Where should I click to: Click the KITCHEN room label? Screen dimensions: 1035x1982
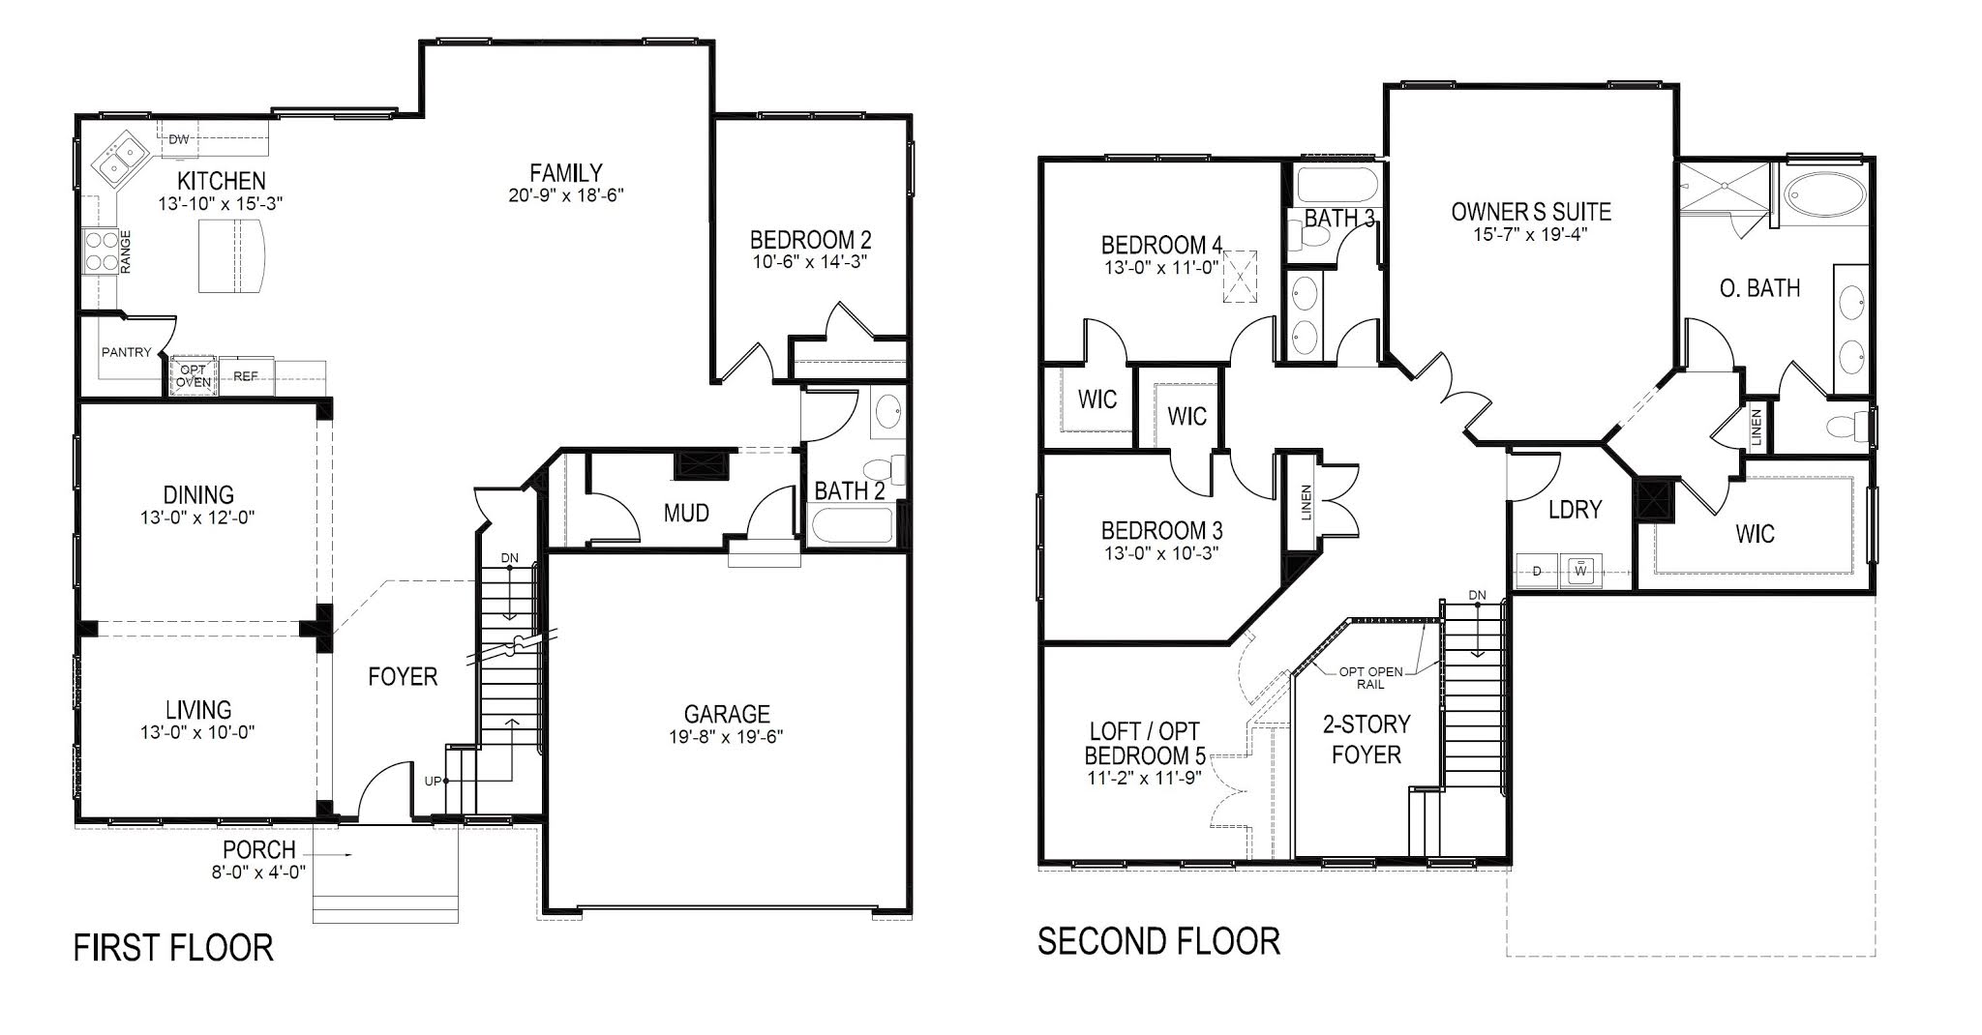221,181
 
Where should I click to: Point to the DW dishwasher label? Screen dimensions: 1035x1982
179,140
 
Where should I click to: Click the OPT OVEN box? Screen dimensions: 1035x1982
194,376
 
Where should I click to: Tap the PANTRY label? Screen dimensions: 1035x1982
126,353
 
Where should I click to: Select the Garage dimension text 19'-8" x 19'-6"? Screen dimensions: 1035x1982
726,736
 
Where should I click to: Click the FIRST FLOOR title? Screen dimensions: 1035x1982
173,947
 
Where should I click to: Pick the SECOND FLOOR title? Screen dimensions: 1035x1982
1158,940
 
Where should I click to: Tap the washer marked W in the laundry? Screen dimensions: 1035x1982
1581,570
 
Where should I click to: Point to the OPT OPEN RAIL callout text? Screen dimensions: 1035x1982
1370,677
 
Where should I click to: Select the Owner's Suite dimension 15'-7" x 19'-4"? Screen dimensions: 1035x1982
1530,234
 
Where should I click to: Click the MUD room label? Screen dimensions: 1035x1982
686,513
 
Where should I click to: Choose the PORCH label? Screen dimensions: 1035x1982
258,850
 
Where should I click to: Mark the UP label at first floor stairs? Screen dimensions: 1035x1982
432,781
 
